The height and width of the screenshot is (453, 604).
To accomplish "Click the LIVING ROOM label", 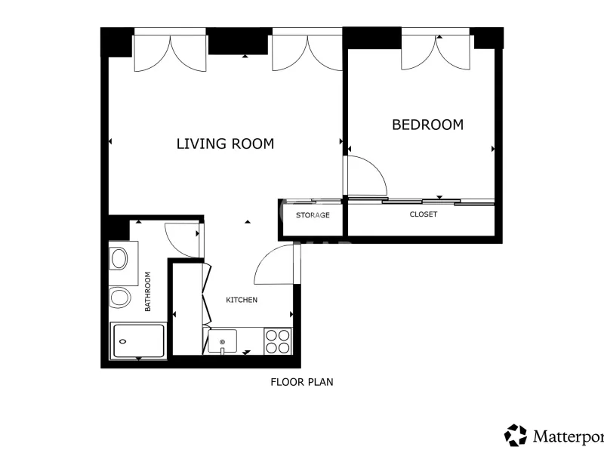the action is click(x=225, y=143).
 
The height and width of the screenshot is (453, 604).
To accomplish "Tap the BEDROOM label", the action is click(x=427, y=125).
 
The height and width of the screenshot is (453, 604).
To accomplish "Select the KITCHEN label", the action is click(x=242, y=300).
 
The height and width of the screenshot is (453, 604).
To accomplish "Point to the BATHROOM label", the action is click(x=147, y=291).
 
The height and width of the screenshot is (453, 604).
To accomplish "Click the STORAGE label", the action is click(x=313, y=215).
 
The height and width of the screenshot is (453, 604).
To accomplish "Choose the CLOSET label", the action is click(x=424, y=214).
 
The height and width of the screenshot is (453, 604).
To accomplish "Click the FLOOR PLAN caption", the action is click(x=301, y=382).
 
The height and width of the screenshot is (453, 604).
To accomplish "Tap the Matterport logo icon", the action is click(x=516, y=436).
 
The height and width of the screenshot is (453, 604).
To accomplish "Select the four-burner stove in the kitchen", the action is click(x=278, y=341).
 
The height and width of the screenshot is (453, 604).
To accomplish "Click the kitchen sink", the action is click(x=222, y=341).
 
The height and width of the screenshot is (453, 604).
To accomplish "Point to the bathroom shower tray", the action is click(x=139, y=341).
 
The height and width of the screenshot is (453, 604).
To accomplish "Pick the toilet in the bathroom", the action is click(x=120, y=297).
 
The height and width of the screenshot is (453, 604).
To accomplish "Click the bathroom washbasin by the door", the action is click(x=119, y=258).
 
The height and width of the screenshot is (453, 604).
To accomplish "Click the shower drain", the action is click(x=123, y=341).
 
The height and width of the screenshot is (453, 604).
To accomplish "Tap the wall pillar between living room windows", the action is click(x=238, y=42).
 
